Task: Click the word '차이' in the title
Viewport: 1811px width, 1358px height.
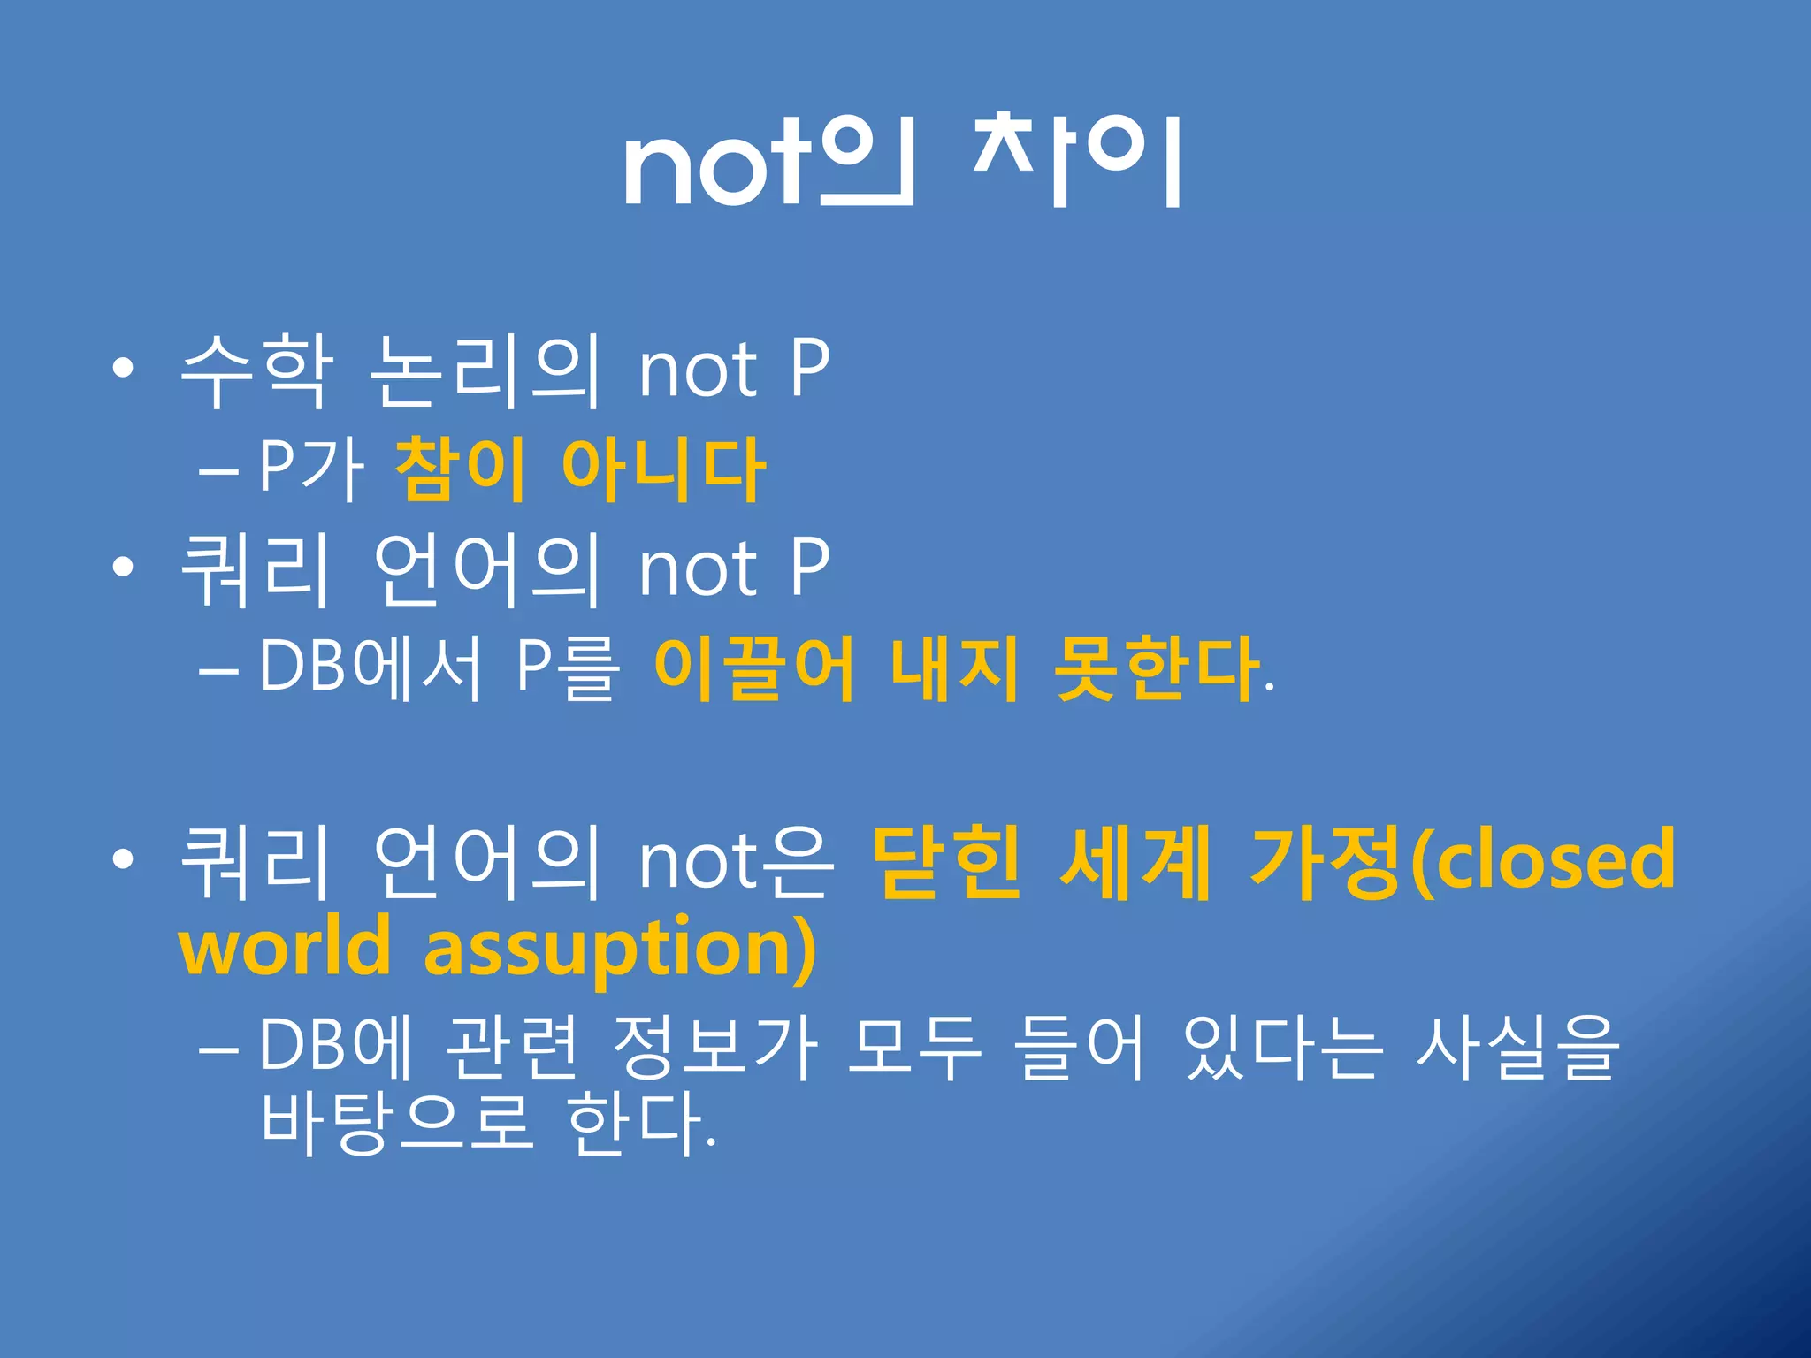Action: (1077, 161)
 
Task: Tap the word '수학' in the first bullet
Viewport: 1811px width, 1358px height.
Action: (256, 371)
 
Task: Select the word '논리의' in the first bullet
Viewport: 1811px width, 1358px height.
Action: (485, 371)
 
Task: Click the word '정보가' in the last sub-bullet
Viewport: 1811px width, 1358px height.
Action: (714, 1048)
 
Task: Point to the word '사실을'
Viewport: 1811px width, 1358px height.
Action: (1517, 1048)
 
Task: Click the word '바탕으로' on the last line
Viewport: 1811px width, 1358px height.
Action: (398, 1123)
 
